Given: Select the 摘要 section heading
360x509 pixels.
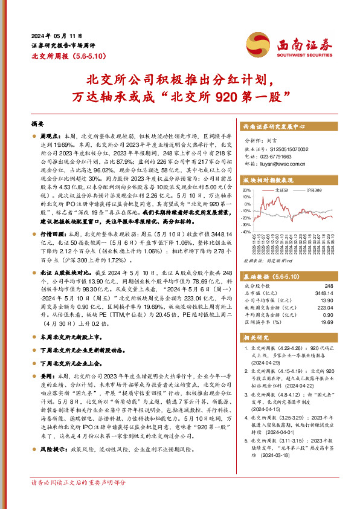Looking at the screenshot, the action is [38, 123].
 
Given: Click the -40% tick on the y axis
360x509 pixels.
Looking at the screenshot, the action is [246, 232].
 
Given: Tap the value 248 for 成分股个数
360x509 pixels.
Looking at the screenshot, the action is [329, 285].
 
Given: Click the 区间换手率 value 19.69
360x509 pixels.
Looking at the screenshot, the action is [326, 322].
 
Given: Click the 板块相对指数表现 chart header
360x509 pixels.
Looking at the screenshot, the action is [268, 180].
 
